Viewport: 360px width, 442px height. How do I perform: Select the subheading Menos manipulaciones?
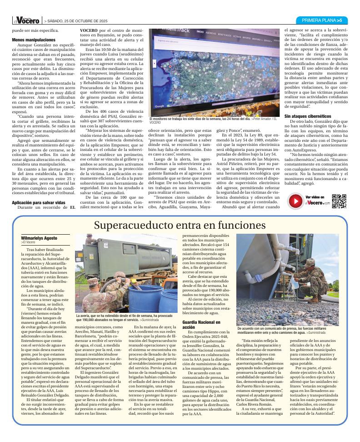pyautogui.click(x=34, y=40)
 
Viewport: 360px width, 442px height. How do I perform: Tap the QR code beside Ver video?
pyautogui.click(x=339, y=201)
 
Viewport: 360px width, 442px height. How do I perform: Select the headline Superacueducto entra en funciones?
pyautogui.click(x=180, y=225)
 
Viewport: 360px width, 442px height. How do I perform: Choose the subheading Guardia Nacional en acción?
pyautogui.click(x=201, y=325)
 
